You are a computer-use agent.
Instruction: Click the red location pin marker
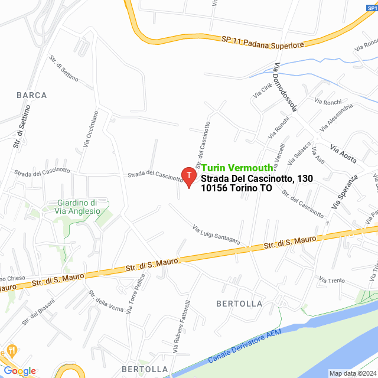pos(188,177)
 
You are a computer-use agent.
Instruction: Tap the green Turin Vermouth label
pos(236,168)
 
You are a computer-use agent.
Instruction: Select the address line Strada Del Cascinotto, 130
pos(257,178)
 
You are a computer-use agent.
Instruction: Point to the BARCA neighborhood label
pos(32,95)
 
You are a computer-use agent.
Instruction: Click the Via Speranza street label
pos(346,192)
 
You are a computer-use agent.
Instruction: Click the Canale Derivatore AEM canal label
pos(245,346)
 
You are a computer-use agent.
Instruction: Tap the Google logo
pos(19,370)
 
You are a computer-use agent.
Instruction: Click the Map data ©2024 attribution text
pos(352,373)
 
